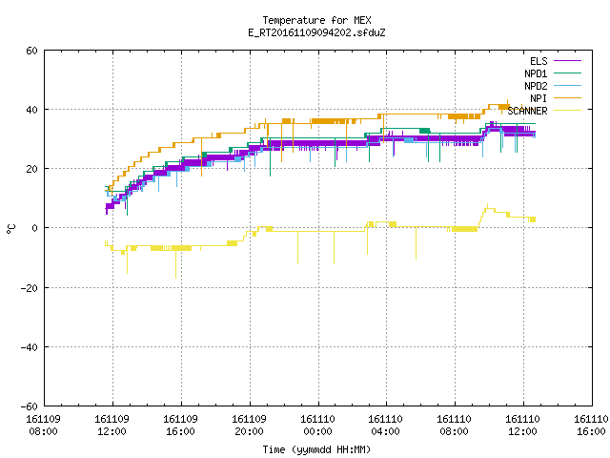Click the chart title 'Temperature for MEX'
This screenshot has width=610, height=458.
point(316,20)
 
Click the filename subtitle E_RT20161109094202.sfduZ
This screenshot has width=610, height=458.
point(316,32)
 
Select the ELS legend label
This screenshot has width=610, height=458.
point(539,61)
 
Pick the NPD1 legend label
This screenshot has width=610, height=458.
point(536,73)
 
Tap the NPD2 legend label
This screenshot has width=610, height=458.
point(536,86)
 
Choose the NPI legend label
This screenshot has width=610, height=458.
point(539,98)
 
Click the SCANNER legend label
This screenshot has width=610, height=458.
point(527,111)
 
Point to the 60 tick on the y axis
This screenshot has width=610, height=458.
point(31,51)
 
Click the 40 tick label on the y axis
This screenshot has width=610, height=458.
point(31,110)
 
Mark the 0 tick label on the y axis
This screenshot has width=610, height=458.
point(34,228)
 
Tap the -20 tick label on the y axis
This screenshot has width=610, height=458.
point(29,288)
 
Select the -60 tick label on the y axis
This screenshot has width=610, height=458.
point(29,406)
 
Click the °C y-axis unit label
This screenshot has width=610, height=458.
point(10,229)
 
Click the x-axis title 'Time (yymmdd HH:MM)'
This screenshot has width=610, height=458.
point(316,449)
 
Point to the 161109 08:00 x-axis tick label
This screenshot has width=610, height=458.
point(43,426)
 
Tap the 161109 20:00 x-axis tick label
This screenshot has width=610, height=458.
point(249,426)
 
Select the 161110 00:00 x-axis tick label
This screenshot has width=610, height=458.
point(317,426)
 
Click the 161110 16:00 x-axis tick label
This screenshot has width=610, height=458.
point(591,426)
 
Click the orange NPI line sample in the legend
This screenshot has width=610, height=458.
point(567,97)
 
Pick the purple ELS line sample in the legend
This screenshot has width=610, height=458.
point(567,60)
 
